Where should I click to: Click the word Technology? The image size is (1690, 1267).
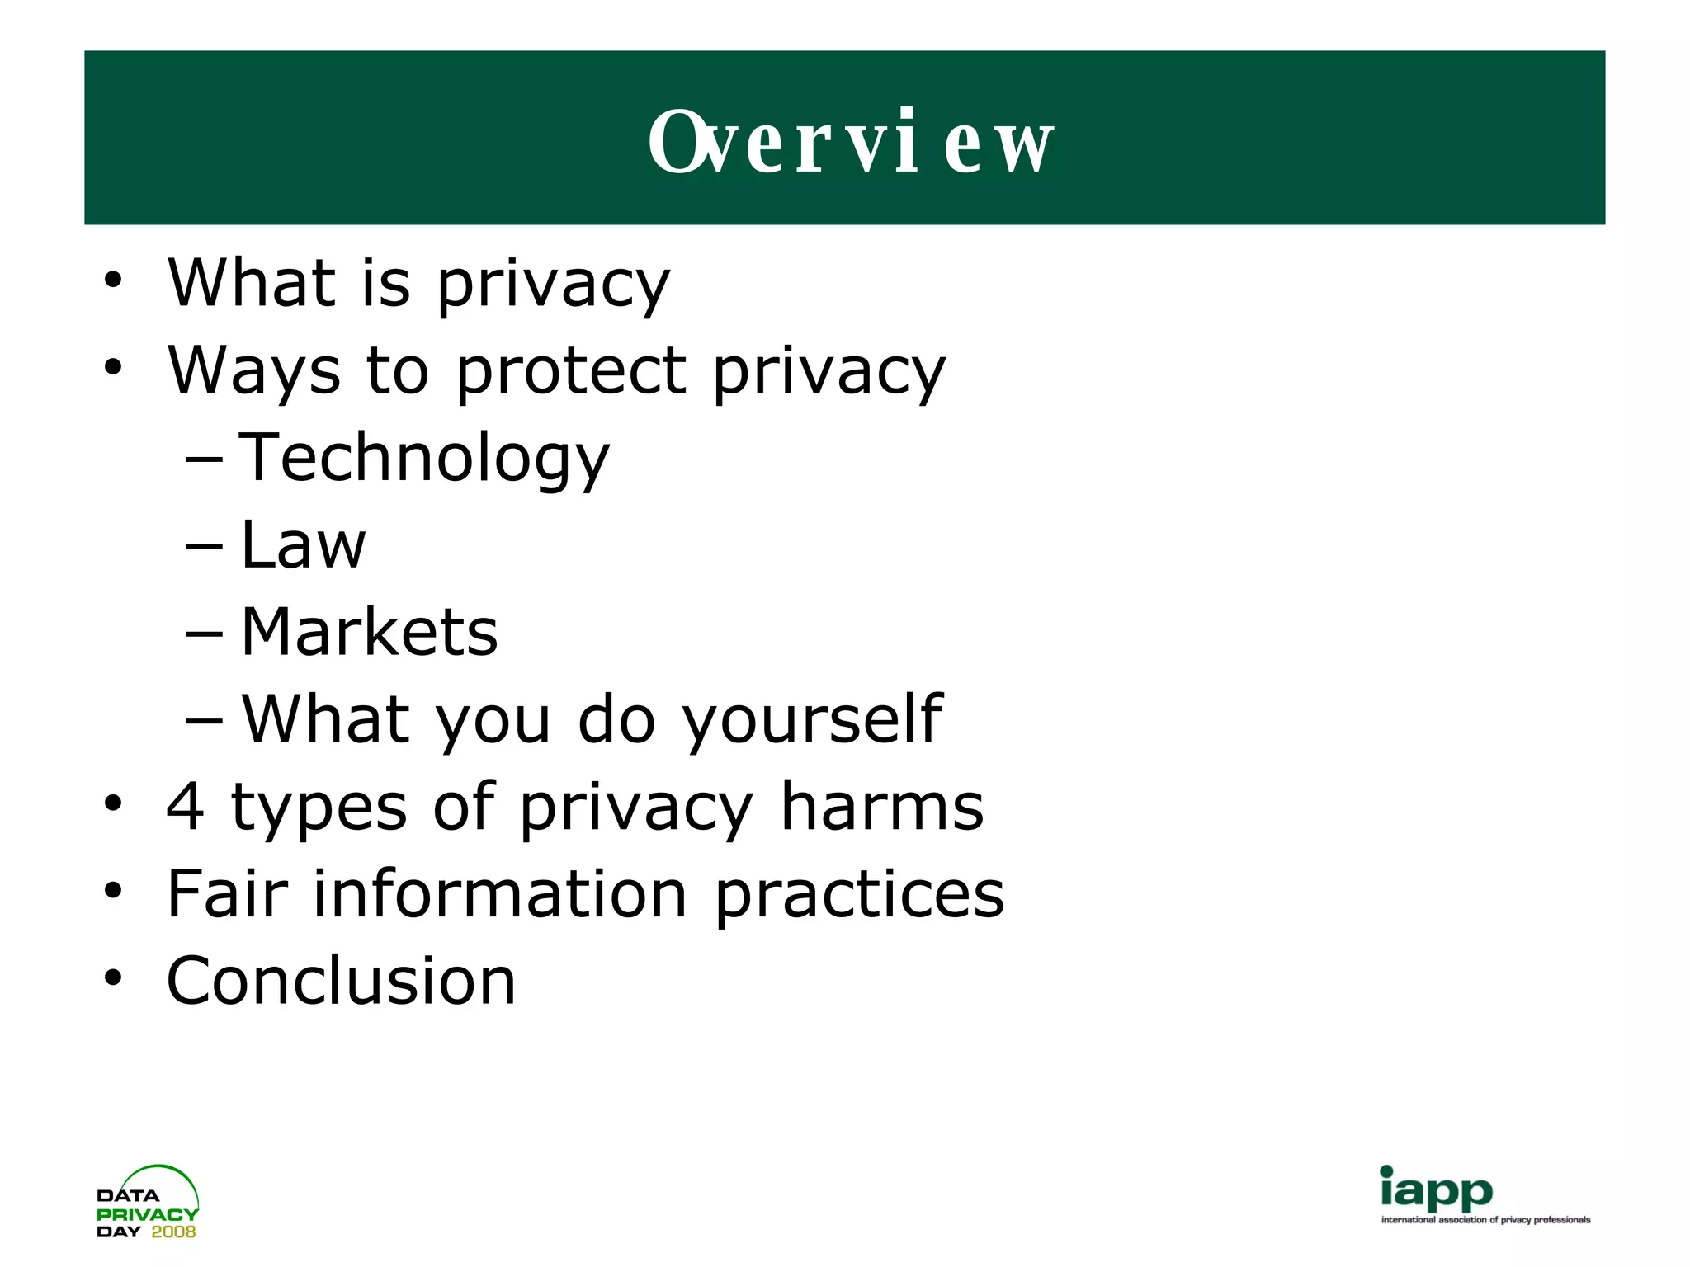click(x=424, y=459)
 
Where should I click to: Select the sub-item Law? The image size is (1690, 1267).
click(x=303, y=545)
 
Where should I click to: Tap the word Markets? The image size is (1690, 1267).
click(x=369, y=633)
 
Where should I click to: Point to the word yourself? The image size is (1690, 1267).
click(x=812, y=720)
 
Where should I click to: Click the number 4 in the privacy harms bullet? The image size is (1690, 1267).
click(x=185, y=806)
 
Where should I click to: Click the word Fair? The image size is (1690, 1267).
click(x=228, y=893)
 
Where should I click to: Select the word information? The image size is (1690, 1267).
click(x=500, y=893)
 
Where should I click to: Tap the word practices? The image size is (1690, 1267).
click(x=859, y=895)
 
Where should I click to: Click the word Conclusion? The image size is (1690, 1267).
click(x=341, y=981)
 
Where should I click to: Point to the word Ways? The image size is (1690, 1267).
click(x=253, y=371)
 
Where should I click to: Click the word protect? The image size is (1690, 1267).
click(x=570, y=371)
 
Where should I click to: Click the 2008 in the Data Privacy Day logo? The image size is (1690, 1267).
click(x=173, y=1232)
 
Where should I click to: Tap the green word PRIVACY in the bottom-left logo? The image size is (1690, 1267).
click(x=147, y=1214)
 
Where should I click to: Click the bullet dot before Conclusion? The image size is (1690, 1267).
click(x=113, y=978)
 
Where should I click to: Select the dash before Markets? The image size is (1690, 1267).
click(x=204, y=633)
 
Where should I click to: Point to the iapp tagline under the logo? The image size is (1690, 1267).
click(x=1485, y=1220)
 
